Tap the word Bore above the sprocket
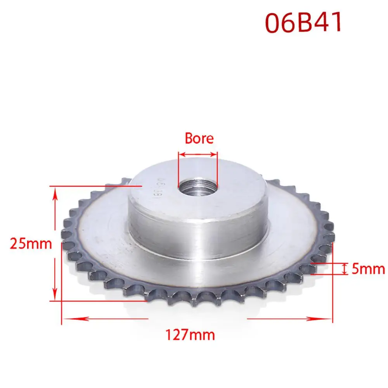click(x=199, y=138)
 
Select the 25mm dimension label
click(x=31, y=244)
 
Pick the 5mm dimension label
click(x=368, y=269)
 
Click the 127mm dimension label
click(x=190, y=335)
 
